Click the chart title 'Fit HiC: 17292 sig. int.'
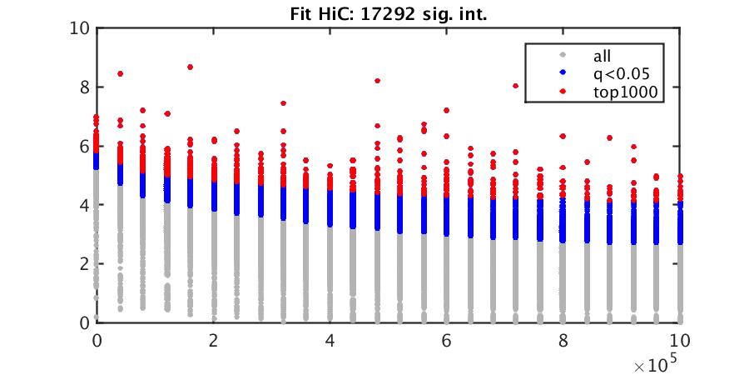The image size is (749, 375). pyautogui.click(x=389, y=13)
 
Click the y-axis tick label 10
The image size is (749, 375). pyautogui.click(x=80, y=28)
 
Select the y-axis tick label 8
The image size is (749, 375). pyautogui.click(x=83, y=87)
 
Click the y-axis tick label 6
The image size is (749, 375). pyautogui.click(x=83, y=146)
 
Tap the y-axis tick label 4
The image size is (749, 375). pyautogui.click(x=83, y=205)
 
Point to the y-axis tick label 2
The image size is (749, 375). pyautogui.click(x=83, y=263)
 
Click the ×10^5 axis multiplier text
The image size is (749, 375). pyautogui.click(x=657, y=364)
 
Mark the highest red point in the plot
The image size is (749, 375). pyautogui.click(x=191, y=67)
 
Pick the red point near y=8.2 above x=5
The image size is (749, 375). pyautogui.click(x=377, y=81)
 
